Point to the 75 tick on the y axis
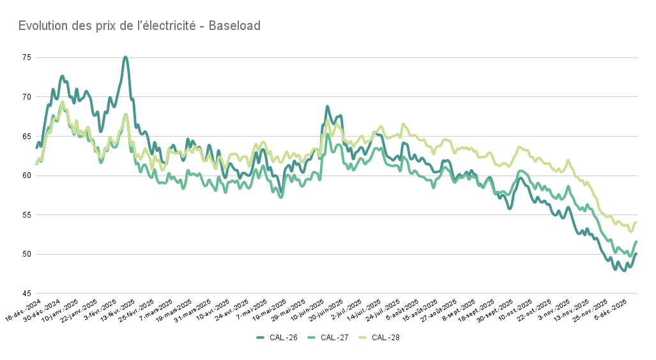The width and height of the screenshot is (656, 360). point(26,57)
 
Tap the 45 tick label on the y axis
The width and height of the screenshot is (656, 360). point(26,293)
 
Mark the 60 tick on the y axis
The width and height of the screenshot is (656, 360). point(26,176)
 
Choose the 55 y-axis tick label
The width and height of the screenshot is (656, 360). point(26,215)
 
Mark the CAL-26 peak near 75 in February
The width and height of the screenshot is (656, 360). point(125,57)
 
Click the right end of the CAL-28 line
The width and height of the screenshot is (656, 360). point(637,222)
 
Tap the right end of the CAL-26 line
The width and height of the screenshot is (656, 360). point(637,253)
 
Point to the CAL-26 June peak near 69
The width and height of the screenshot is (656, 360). point(327,107)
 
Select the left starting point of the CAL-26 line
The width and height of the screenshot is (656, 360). point(36,148)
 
